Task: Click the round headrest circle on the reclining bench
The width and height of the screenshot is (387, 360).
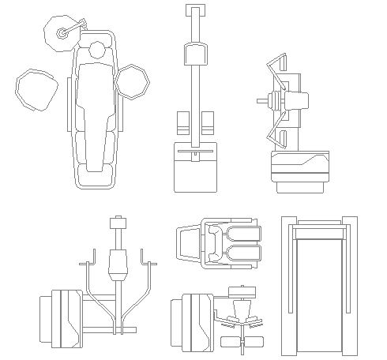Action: point(97,50)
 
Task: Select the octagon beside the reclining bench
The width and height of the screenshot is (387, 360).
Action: point(132,81)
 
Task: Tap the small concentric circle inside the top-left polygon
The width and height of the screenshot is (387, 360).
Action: point(61,33)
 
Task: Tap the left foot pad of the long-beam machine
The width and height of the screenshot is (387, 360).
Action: point(182,124)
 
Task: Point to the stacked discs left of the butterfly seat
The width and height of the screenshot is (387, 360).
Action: point(274,101)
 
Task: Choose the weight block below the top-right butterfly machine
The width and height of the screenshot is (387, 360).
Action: point(299,168)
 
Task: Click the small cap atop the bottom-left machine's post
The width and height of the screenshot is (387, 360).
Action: point(119,220)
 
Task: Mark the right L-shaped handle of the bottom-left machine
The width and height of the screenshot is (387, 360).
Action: point(145,261)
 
